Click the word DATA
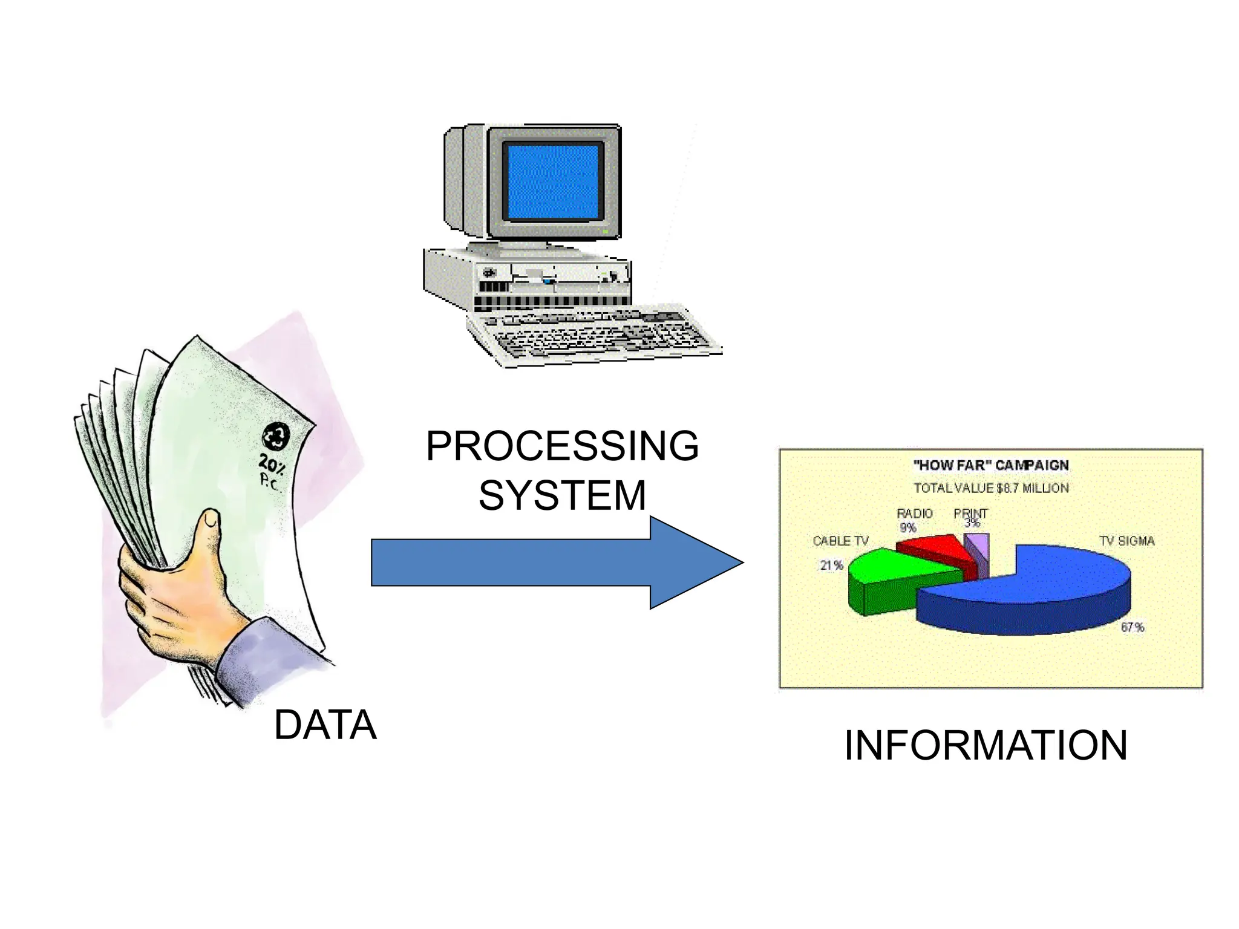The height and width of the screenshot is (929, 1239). pos(325,725)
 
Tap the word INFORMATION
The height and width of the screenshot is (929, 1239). pos(986,745)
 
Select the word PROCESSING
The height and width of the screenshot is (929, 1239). pos(562,446)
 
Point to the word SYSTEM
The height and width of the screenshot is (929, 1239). pos(562,495)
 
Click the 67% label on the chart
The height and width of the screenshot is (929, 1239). pos(1133,627)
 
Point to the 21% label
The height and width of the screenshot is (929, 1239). pos(831,565)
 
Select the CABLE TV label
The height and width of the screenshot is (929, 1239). pos(840,541)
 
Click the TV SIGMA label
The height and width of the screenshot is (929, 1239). pos(1126,541)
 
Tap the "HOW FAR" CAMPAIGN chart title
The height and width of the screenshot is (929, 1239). pos(991,465)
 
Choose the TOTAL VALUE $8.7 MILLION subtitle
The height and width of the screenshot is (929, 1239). pos(991,488)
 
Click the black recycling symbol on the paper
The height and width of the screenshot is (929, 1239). pos(276,437)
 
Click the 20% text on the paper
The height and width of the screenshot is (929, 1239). pos(272,464)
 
